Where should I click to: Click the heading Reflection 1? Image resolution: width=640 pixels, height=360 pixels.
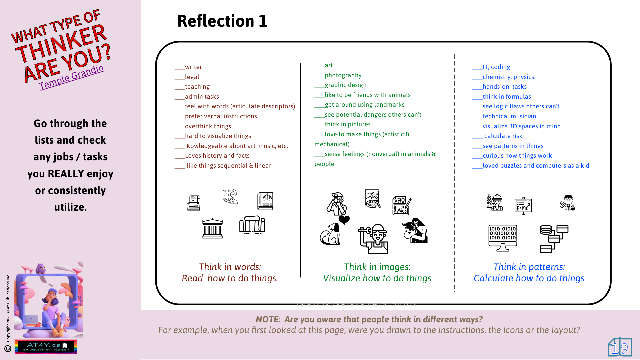[x=222, y=21]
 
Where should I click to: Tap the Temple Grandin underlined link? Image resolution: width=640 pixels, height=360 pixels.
[x=71, y=77]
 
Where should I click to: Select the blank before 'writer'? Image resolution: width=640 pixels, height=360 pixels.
[x=179, y=67]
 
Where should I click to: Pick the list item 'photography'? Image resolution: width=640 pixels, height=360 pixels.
[x=343, y=75]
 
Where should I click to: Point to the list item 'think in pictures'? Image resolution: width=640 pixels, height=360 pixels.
[x=347, y=124]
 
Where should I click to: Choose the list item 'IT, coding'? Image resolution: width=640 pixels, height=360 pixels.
[x=496, y=67]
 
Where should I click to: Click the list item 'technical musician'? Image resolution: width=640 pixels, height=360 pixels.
[x=509, y=116]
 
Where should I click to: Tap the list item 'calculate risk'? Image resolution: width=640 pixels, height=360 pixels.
[x=503, y=136]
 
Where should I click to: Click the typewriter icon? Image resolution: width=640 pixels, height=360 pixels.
[x=194, y=203]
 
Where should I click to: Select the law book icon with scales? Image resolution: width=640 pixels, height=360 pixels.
[x=265, y=201]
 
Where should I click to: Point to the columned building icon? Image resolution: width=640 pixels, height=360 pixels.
[x=212, y=228]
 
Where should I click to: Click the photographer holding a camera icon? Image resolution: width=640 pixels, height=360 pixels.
[x=337, y=204]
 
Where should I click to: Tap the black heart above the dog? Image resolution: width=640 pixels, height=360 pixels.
[x=344, y=220]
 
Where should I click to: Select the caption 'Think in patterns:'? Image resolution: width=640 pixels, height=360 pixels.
[x=529, y=267]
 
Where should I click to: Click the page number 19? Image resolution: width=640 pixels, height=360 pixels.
[x=620, y=348]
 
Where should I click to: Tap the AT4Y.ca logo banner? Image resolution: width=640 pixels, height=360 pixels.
[x=46, y=347]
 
